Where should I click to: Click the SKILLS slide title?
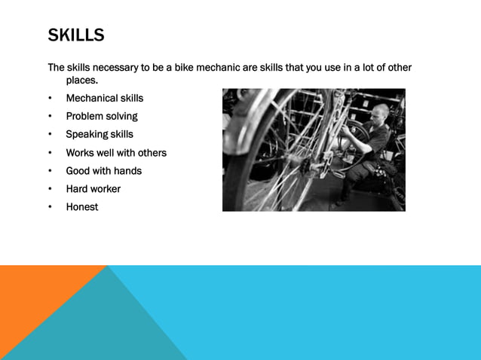point(76,35)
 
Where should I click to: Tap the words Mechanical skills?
point(104,98)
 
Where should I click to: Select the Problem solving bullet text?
point(102,116)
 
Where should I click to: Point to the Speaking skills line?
point(100,134)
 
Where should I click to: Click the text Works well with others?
point(116,153)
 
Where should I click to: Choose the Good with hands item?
point(103,171)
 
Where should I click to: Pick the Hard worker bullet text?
point(93,189)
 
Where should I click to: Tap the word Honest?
point(82,207)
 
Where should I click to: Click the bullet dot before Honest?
point(51,207)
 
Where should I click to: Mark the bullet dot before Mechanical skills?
point(51,98)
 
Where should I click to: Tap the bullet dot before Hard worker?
point(51,189)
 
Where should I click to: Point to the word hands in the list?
point(127,171)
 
